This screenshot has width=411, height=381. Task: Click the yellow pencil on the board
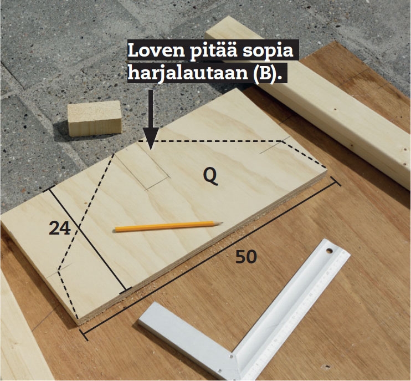click(169, 226)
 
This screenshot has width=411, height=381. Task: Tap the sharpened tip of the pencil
click(222, 223)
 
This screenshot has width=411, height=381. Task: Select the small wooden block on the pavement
click(95, 118)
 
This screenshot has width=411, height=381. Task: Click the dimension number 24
click(60, 228)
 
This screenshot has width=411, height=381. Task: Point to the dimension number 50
click(246, 257)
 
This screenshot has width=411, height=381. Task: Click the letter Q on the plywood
click(210, 176)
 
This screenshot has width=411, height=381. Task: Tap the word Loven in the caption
click(156, 50)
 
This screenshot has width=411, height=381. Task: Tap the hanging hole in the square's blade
click(328, 251)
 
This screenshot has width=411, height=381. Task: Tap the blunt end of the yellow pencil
click(116, 230)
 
